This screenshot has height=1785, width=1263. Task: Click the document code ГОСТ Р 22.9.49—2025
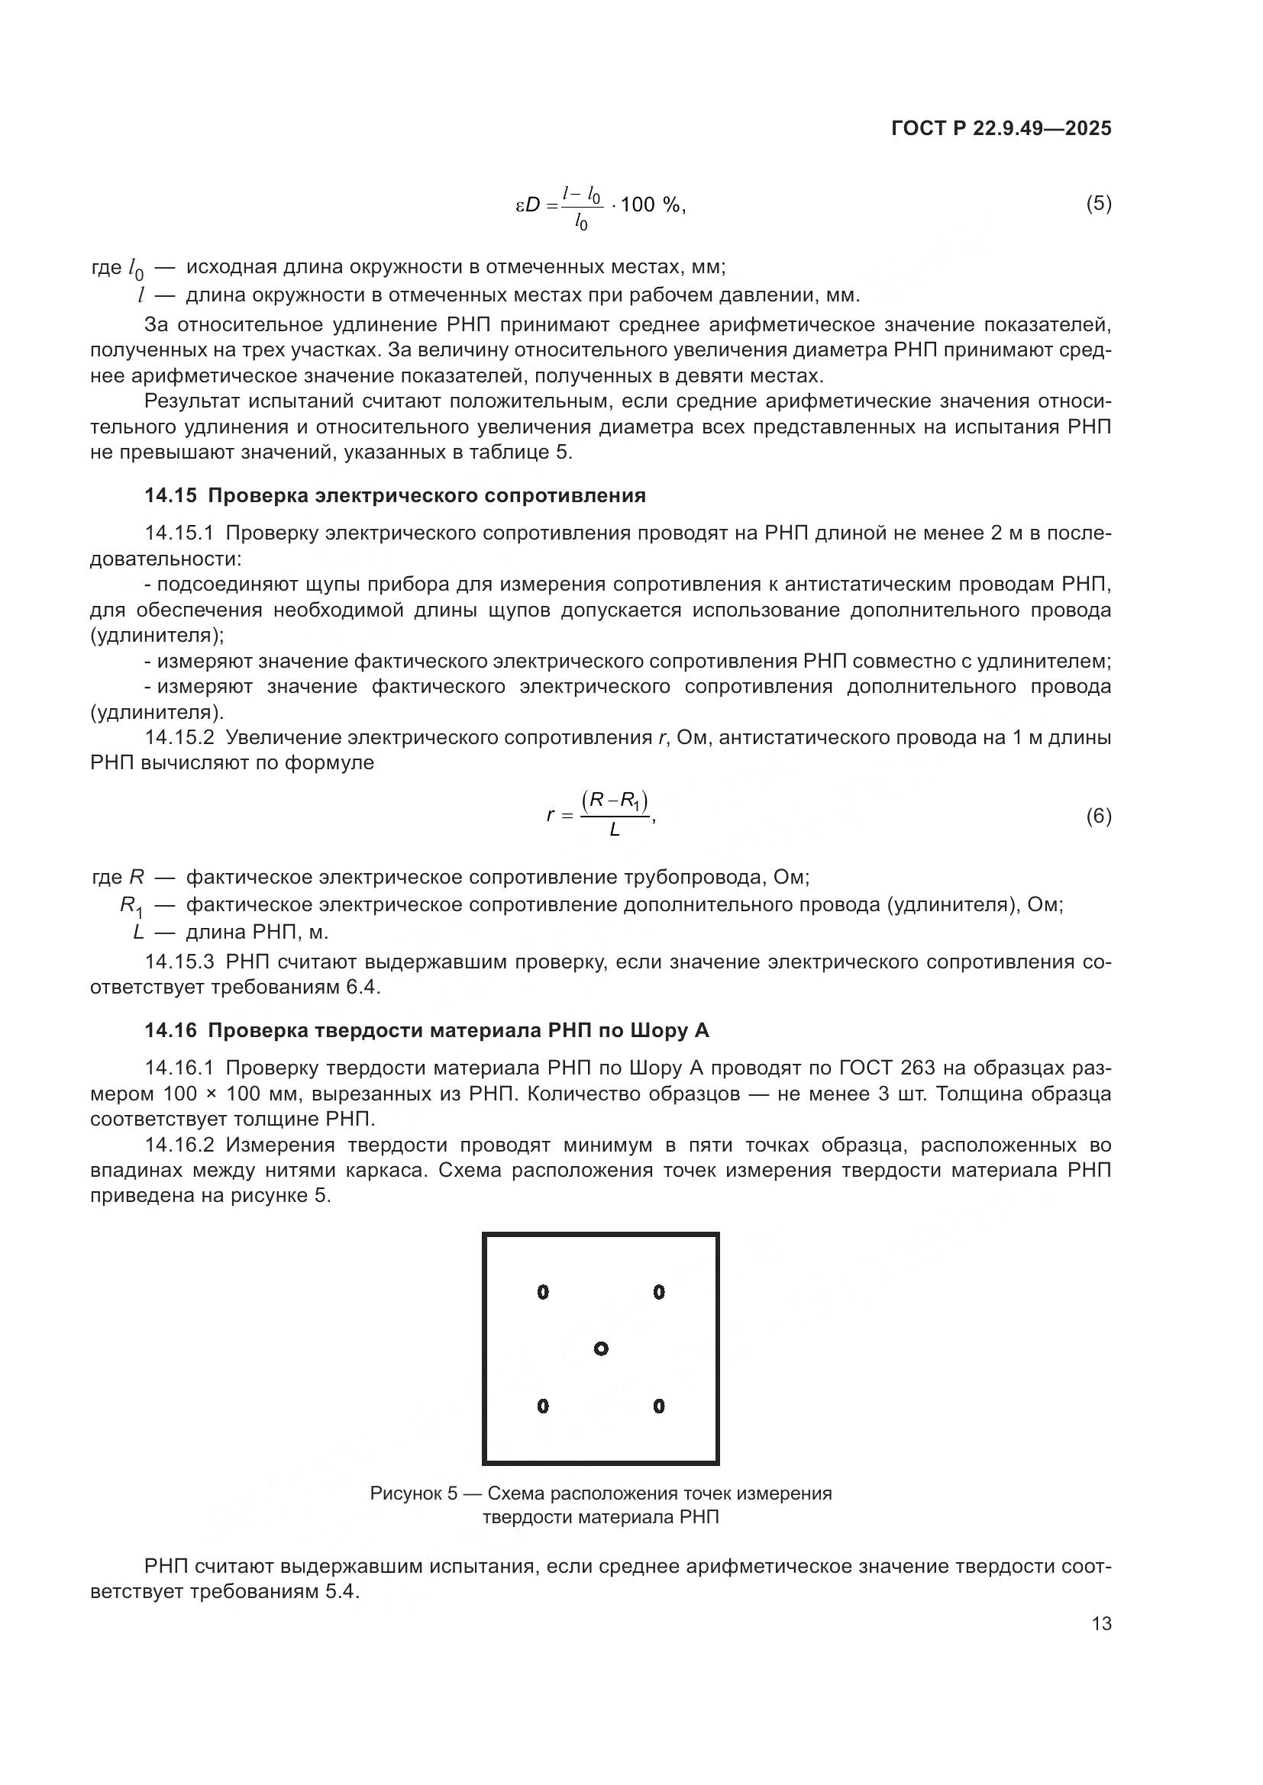[x=1001, y=129]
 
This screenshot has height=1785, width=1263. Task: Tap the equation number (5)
[x=1098, y=204]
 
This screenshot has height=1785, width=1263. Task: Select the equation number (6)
[x=1098, y=817]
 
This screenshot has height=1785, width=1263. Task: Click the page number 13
[x=1101, y=1624]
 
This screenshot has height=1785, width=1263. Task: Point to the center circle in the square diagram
[x=600, y=1348]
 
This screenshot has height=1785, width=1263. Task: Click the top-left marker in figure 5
[x=543, y=1292]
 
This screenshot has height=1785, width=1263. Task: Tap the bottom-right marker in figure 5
[x=659, y=1406]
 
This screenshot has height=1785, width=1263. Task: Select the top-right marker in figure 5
[x=659, y=1292]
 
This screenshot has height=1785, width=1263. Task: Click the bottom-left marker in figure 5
[x=543, y=1406]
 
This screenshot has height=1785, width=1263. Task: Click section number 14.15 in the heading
[x=170, y=496]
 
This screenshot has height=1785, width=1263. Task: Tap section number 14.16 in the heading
[x=170, y=1031]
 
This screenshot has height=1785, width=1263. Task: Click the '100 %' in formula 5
[x=650, y=205]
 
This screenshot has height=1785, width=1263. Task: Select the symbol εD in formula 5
[x=528, y=205]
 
